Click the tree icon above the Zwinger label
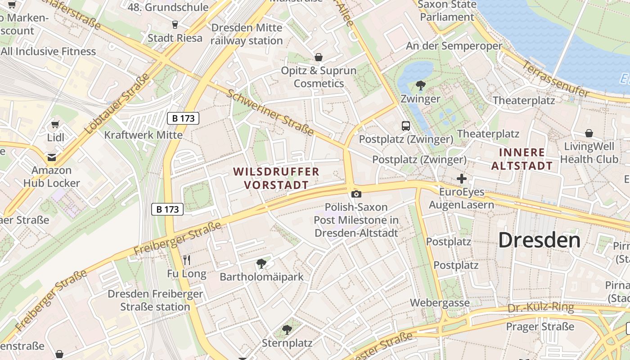point(420,85)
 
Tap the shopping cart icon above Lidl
point(55,124)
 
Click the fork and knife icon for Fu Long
point(187,260)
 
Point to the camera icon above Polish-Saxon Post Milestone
point(356,194)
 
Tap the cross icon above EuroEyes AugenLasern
point(461,179)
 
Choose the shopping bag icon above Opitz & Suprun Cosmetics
point(319,57)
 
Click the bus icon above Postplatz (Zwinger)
point(406,126)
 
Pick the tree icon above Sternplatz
point(287,330)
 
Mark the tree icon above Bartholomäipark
point(261,264)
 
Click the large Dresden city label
point(539,240)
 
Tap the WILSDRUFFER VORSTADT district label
point(276,178)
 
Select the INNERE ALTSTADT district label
point(522,159)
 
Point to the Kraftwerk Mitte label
point(143,135)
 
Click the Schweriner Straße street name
point(270,112)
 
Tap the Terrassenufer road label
point(555,79)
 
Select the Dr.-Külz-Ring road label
point(540,308)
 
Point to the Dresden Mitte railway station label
point(247,34)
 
